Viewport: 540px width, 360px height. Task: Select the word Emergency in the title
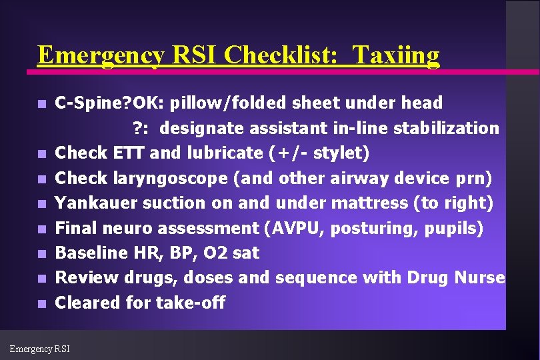99,55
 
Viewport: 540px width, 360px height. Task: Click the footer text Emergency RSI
39,348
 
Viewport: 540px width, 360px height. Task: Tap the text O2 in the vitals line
212,253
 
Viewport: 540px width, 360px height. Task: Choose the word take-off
191,303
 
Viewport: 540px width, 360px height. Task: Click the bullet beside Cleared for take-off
41,303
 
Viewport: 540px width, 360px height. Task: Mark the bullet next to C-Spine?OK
41,104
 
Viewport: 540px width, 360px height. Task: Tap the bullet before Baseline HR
41,253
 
